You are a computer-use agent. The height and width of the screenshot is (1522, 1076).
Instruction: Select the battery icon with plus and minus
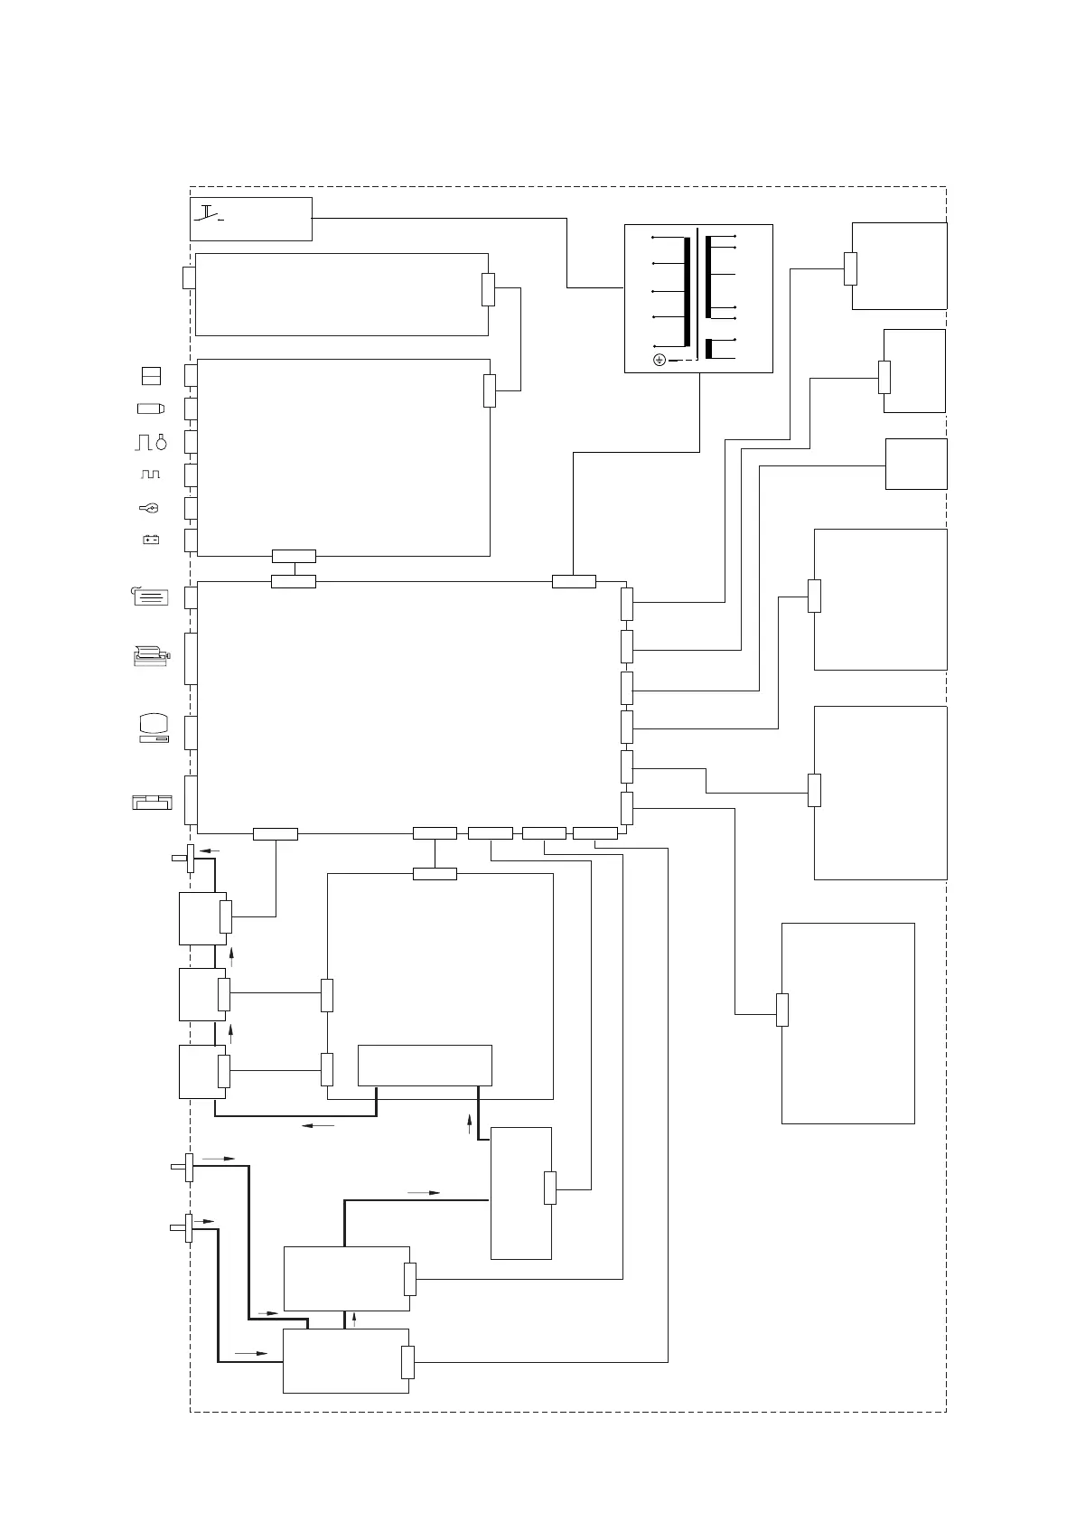point(151,540)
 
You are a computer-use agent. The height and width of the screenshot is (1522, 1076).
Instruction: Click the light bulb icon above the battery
point(150,508)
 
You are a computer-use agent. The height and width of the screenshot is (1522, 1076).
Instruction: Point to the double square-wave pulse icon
point(150,474)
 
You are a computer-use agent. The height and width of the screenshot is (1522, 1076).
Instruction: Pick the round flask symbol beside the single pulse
point(161,442)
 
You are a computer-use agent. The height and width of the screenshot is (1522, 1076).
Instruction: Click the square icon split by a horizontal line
point(151,375)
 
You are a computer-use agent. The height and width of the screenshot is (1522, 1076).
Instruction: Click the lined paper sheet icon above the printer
point(150,597)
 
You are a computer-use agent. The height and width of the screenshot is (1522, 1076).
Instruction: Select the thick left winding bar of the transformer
point(687,292)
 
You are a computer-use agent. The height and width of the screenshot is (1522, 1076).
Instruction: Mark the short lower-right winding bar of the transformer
point(708,349)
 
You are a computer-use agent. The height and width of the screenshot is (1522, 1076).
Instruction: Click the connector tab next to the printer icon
point(191,658)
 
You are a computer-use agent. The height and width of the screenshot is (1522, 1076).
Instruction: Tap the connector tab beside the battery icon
point(191,540)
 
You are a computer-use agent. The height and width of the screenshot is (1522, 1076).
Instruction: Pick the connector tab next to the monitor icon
point(191,732)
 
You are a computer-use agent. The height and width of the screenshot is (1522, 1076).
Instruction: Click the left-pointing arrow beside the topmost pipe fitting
point(209,850)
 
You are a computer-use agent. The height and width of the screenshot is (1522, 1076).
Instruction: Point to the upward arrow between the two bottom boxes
point(354,1320)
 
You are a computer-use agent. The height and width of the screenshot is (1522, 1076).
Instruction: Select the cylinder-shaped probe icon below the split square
point(151,409)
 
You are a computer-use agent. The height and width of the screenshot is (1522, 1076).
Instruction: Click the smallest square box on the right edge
point(915,464)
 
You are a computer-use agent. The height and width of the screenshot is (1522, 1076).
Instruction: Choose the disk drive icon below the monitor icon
point(151,802)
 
